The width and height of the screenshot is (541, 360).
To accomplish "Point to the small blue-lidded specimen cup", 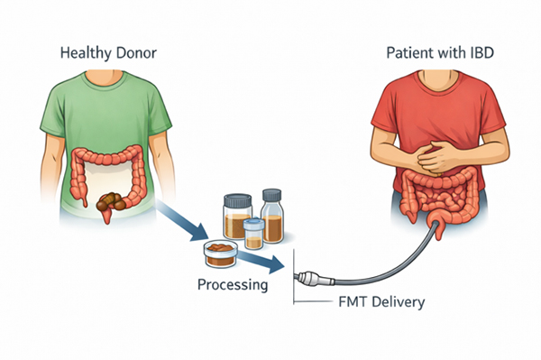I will coord(253,232).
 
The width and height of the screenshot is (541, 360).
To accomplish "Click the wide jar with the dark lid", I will coord(236,217).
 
